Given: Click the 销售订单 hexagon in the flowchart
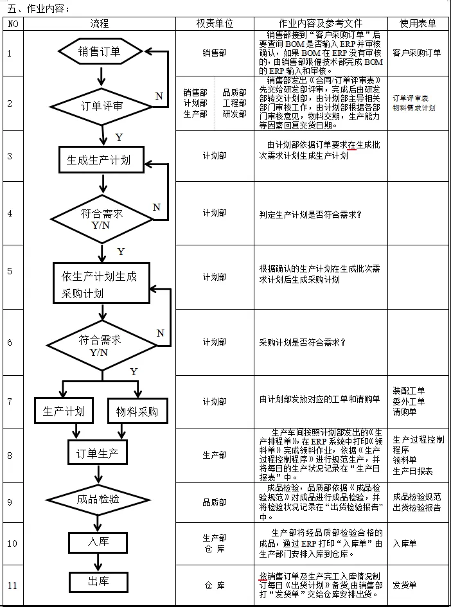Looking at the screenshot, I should (100, 52).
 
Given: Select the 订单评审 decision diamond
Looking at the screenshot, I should (102, 105).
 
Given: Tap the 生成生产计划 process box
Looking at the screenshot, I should (102, 159).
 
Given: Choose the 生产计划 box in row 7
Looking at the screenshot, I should (64, 410).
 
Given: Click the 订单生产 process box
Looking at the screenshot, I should (98, 454).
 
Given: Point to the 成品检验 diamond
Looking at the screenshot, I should (98, 499).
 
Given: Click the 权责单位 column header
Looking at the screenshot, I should (214, 23).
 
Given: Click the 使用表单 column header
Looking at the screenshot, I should (418, 23).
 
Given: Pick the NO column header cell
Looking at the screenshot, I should (13, 23).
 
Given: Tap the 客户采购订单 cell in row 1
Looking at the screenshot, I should (417, 53).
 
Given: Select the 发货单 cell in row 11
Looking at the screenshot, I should (405, 585).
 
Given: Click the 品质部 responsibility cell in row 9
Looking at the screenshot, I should (215, 502).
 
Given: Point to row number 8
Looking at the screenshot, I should (10, 455).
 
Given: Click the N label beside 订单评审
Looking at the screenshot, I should (159, 96).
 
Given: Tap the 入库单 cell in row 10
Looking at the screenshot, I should (405, 543).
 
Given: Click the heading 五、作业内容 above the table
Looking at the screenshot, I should (39, 8).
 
